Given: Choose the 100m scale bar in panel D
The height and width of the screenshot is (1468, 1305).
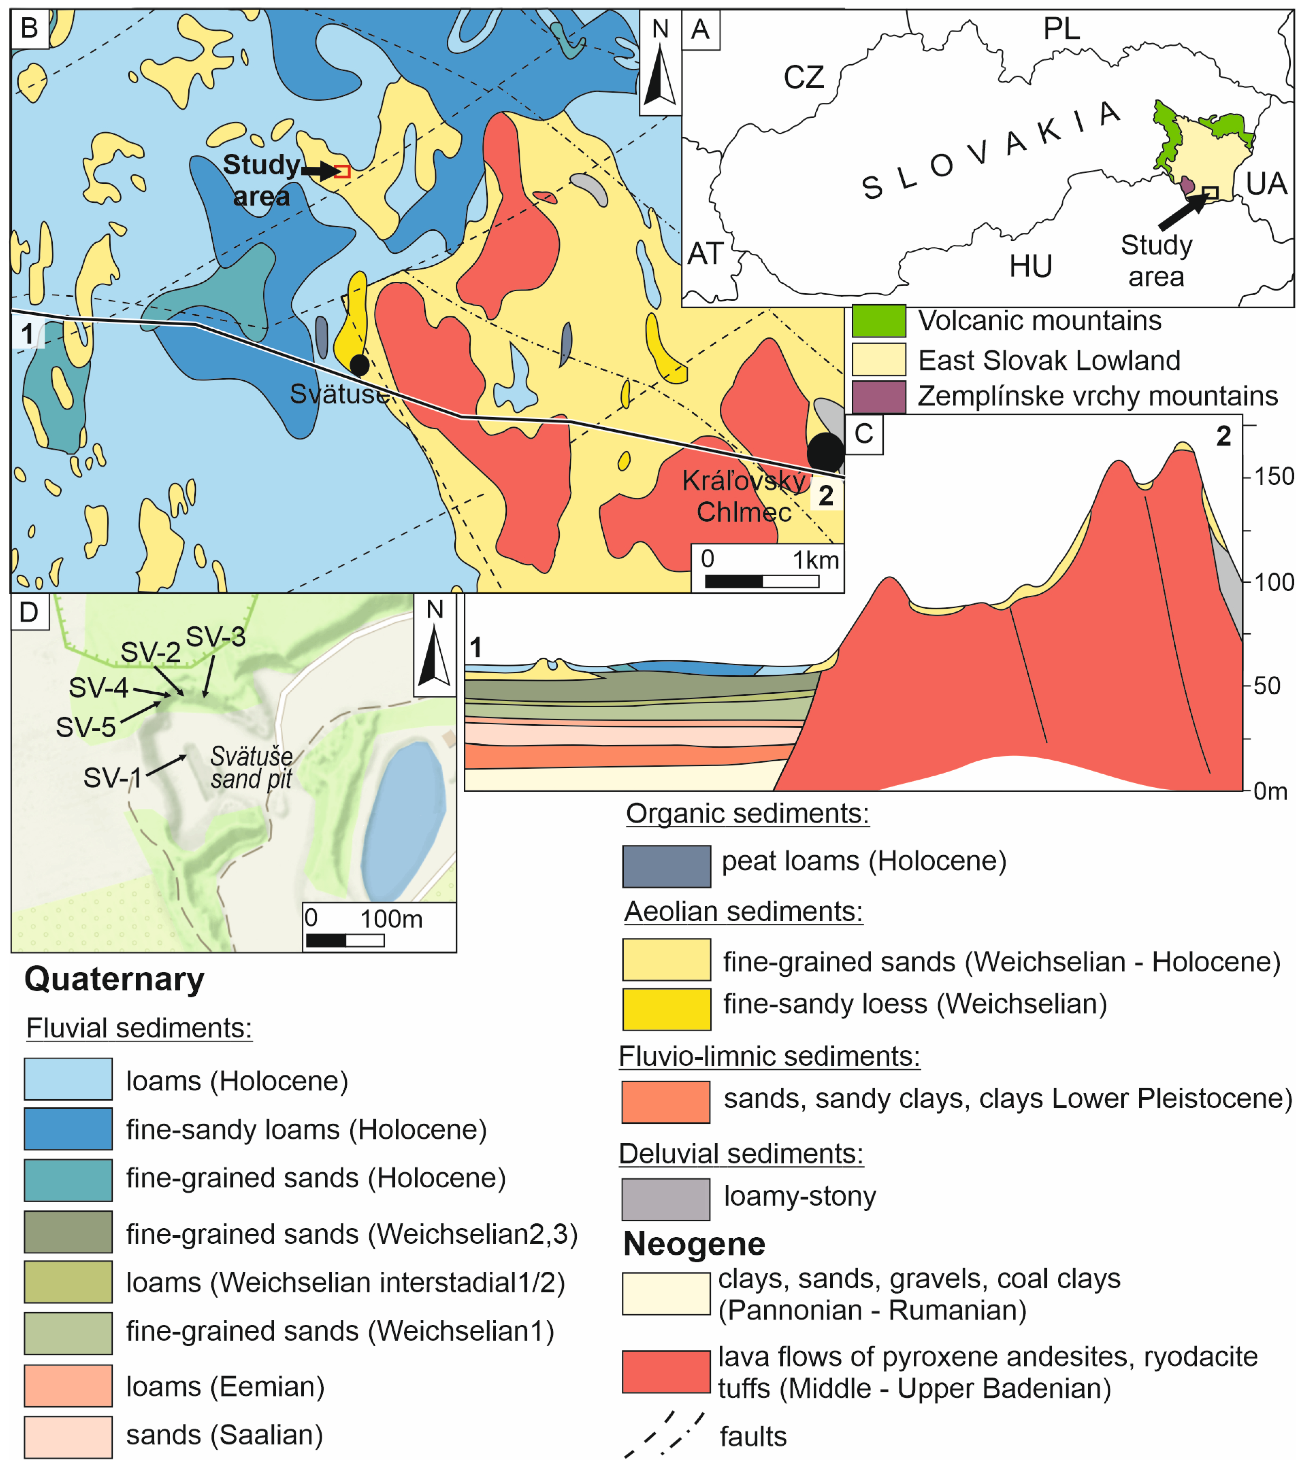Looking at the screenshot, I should click(345, 940).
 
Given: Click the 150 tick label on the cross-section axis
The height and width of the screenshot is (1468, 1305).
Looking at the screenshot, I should click(1273, 476).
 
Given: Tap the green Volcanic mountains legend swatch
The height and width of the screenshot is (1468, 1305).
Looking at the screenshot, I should click(878, 321).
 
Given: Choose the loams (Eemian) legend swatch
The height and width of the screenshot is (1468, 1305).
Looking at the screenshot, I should click(68, 1385).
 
